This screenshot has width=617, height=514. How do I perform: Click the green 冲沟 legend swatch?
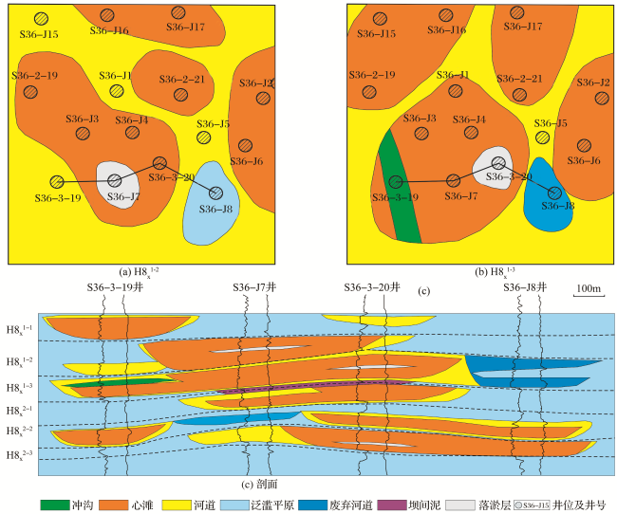[x=54, y=503]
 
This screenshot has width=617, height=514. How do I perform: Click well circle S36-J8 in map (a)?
[x=216, y=193]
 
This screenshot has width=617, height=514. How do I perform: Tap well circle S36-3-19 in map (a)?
[x=57, y=181]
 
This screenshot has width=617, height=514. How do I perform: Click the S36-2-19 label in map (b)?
[x=371, y=74]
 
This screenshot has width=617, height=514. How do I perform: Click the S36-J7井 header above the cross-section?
[x=255, y=286]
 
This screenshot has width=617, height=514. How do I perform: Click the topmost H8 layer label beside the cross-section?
[x=22, y=327]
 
